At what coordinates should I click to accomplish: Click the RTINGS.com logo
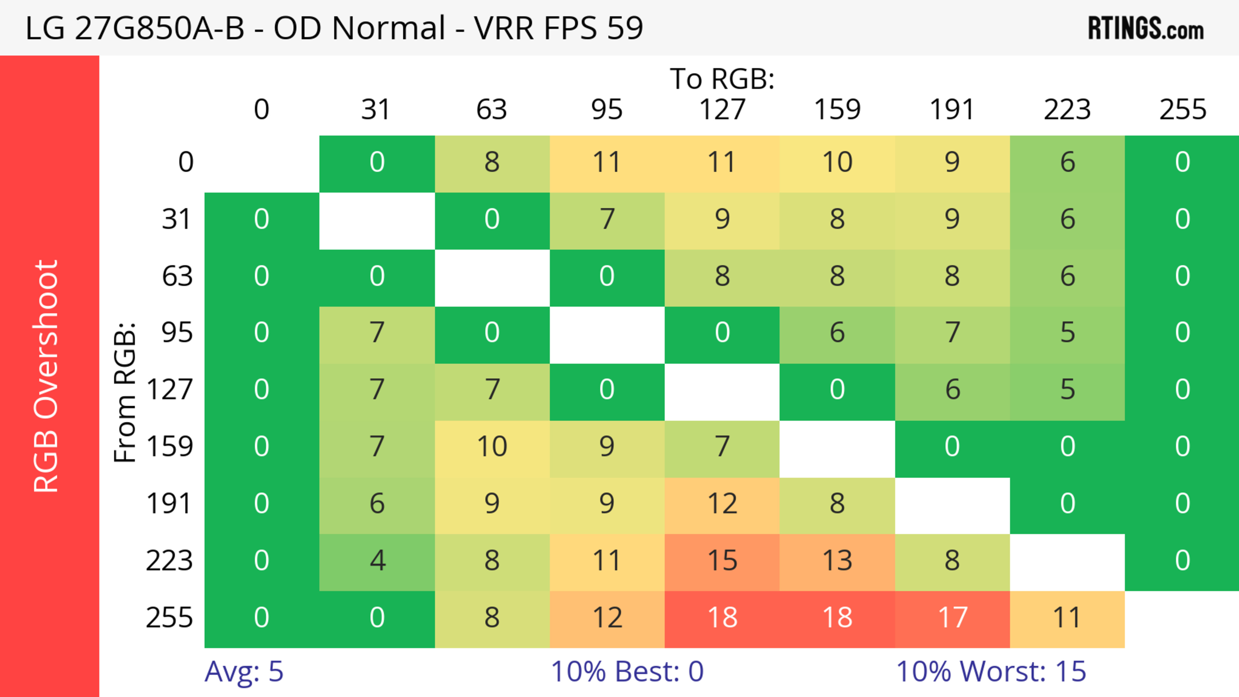click(x=1146, y=28)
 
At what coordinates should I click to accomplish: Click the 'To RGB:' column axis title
click(x=722, y=78)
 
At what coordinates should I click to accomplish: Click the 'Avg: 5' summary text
click(x=244, y=671)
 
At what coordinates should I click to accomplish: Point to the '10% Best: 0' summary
click(x=627, y=671)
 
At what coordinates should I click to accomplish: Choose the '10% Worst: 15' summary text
click(x=991, y=671)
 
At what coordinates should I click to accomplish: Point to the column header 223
click(x=1067, y=110)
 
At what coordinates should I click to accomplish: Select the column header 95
click(x=607, y=110)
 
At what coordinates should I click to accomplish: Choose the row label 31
click(x=176, y=220)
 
